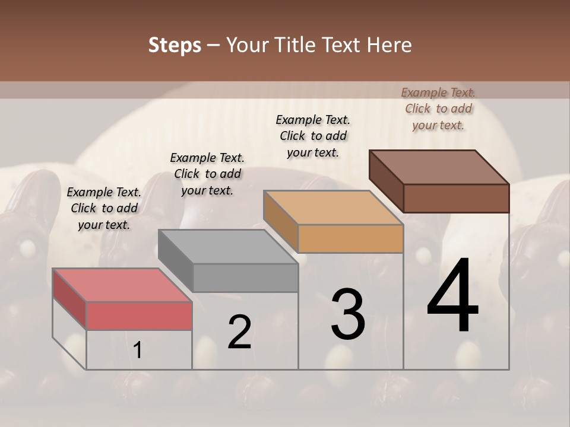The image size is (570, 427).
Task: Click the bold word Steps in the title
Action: click(175, 45)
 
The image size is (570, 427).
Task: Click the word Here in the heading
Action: click(389, 45)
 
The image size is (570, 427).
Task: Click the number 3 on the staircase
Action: click(348, 314)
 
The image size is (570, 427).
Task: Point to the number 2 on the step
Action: click(239, 332)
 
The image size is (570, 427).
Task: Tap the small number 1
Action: click(138, 350)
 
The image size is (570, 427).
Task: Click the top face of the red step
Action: click(122, 285)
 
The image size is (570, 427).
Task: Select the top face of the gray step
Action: click(228, 247)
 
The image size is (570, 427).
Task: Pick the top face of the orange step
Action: click(334, 208)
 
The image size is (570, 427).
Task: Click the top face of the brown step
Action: click(439, 167)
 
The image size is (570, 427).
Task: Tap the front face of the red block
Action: click(139, 316)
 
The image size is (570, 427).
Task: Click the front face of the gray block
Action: click(245, 278)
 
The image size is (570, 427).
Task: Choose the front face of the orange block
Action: click(350, 239)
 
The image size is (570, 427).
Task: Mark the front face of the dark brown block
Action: click(456, 198)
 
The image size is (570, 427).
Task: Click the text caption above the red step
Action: click(104, 208)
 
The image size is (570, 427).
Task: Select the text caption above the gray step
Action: click(207, 174)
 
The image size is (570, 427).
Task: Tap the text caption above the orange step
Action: click(313, 136)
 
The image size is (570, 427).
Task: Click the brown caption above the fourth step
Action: click(438, 109)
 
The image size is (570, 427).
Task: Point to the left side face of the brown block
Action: click(386, 181)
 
